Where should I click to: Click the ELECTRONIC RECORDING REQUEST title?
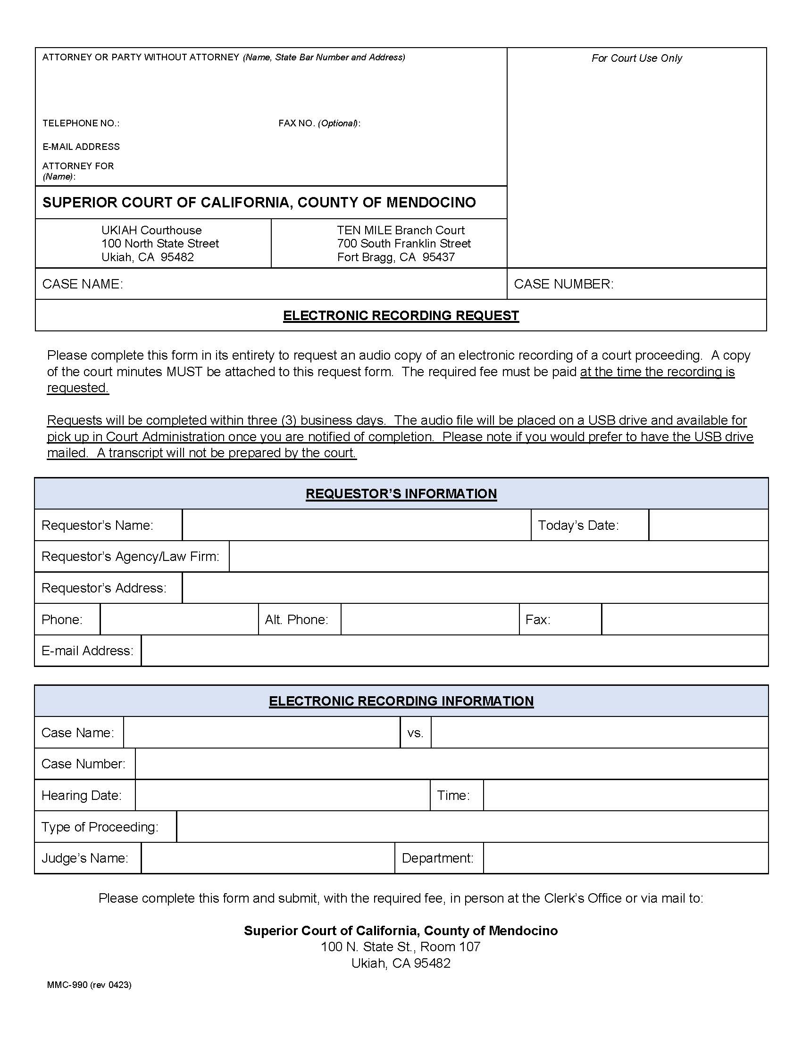point(401,315)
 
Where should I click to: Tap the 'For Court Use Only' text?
point(636,58)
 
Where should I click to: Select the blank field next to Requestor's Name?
point(356,525)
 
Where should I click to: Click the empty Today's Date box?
point(708,525)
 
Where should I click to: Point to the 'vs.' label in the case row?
point(415,732)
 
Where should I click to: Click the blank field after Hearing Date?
point(282,795)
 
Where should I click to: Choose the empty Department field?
point(625,858)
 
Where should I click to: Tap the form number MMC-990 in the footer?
point(67,985)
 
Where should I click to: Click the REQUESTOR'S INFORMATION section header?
point(401,494)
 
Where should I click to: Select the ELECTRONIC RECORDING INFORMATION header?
point(401,701)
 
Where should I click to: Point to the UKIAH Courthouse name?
point(151,230)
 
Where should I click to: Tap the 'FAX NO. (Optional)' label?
point(319,123)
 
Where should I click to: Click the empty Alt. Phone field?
point(429,619)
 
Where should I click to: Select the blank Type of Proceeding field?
point(472,827)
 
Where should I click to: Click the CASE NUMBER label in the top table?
point(563,284)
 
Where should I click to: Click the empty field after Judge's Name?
point(267,858)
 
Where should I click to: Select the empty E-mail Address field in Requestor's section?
point(454,650)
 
